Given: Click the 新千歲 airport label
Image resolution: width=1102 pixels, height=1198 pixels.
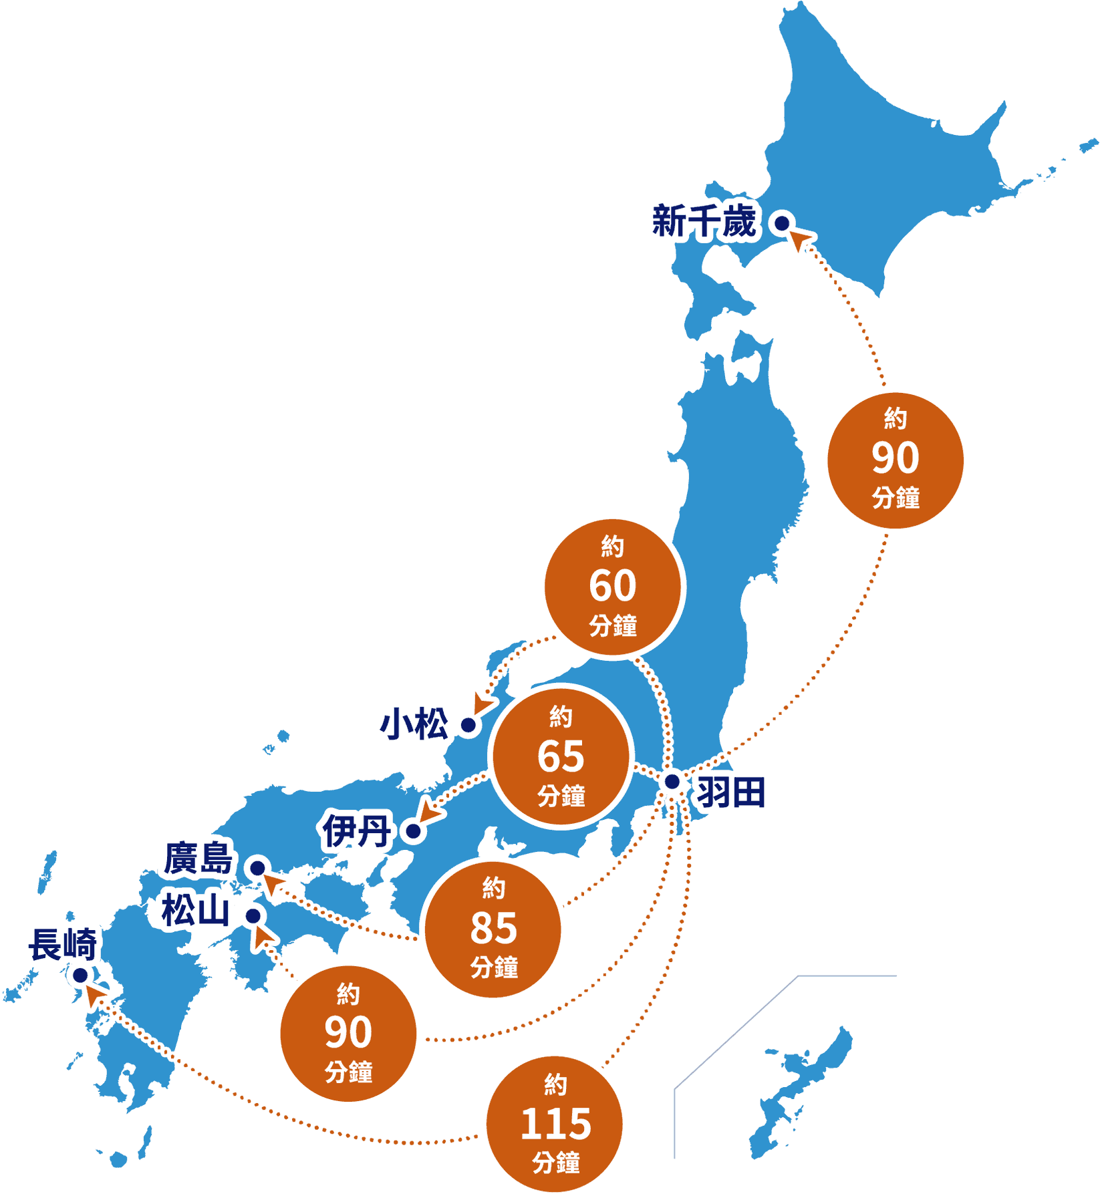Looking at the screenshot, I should pyautogui.click(x=704, y=222).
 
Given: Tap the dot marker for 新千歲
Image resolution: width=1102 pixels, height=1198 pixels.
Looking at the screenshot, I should pyautogui.click(x=782, y=223).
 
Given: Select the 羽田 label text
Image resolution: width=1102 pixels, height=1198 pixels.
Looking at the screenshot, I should pyautogui.click(x=730, y=792).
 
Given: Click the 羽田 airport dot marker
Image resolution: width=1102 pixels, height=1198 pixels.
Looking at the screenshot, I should pyautogui.click(x=672, y=781).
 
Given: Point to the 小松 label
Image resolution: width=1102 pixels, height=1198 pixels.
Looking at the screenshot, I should pyautogui.click(x=414, y=724).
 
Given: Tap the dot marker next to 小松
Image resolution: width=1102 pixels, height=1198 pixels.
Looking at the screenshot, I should pyautogui.click(x=468, y=725).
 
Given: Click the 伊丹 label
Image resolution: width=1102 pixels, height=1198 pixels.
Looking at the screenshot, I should pyautogui.click(x=356, y=831).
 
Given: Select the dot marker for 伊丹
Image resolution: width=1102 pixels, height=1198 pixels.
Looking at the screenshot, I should pyautogui.click(x=414, y=831).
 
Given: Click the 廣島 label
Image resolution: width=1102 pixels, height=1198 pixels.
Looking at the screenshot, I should pyautogui.click(x=198, y=859).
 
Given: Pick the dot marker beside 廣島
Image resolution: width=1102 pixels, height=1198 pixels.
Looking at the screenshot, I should pyautogui.click(x=257, y=869).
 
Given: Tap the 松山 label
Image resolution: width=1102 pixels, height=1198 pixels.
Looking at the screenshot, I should pyautogui.click(x=195, y=911).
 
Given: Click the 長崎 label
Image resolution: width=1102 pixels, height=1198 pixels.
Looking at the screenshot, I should pyautogui.click(x=63, y=945).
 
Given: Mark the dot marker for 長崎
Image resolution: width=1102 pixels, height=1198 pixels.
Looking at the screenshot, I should pyautogui.click(x=80, y=976).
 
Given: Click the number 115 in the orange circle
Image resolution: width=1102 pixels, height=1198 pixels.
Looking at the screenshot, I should pyautogui.click(x=555, y=1124).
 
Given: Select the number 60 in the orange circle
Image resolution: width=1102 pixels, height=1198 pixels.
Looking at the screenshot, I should pyautogui.click(x=612, y=586).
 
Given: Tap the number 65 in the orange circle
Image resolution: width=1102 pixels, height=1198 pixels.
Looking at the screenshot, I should pyautogui.click(x=561, y=756).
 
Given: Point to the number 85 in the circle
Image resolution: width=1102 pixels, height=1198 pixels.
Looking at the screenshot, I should pyautogui.click(x=493, y=928).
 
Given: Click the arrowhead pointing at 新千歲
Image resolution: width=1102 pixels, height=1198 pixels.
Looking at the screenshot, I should pyautogui.click(x=801, y=239).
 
